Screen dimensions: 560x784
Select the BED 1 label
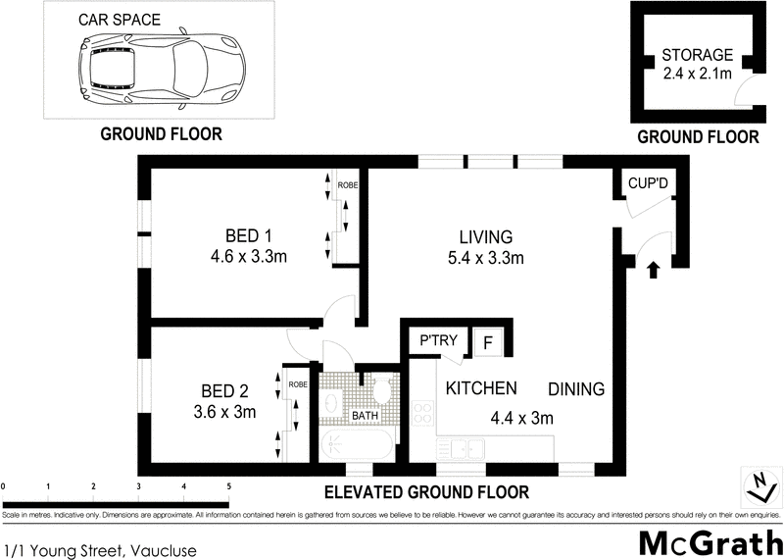pos(248,235)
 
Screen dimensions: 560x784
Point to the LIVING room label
pos(486,236)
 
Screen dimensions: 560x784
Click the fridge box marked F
pos(487,342)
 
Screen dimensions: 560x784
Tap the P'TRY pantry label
pos(438,341)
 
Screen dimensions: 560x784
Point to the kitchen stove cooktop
pos(422,414)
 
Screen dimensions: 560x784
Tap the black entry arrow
pos(655,269)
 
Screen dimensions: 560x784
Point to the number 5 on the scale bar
pos(229,485)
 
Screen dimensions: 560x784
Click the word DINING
pos(575,389)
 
